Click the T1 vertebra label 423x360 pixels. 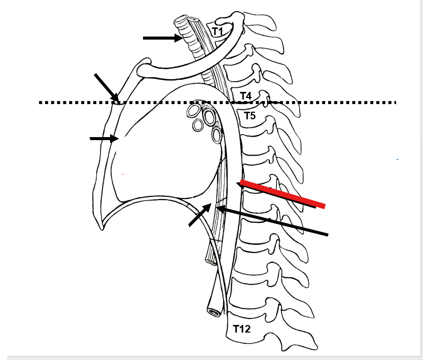(x=218, y=31)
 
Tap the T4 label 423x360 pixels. (x=246, y=95)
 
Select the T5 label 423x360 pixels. (x=250, y=116)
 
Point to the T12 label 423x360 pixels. (x=241, y=329)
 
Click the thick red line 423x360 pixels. (x=282, y=193)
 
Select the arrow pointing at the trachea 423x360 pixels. (x=162, y=38)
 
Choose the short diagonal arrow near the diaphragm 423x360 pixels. (x=200, y=215)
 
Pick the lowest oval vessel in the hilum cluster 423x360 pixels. (x=217, y=135)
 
